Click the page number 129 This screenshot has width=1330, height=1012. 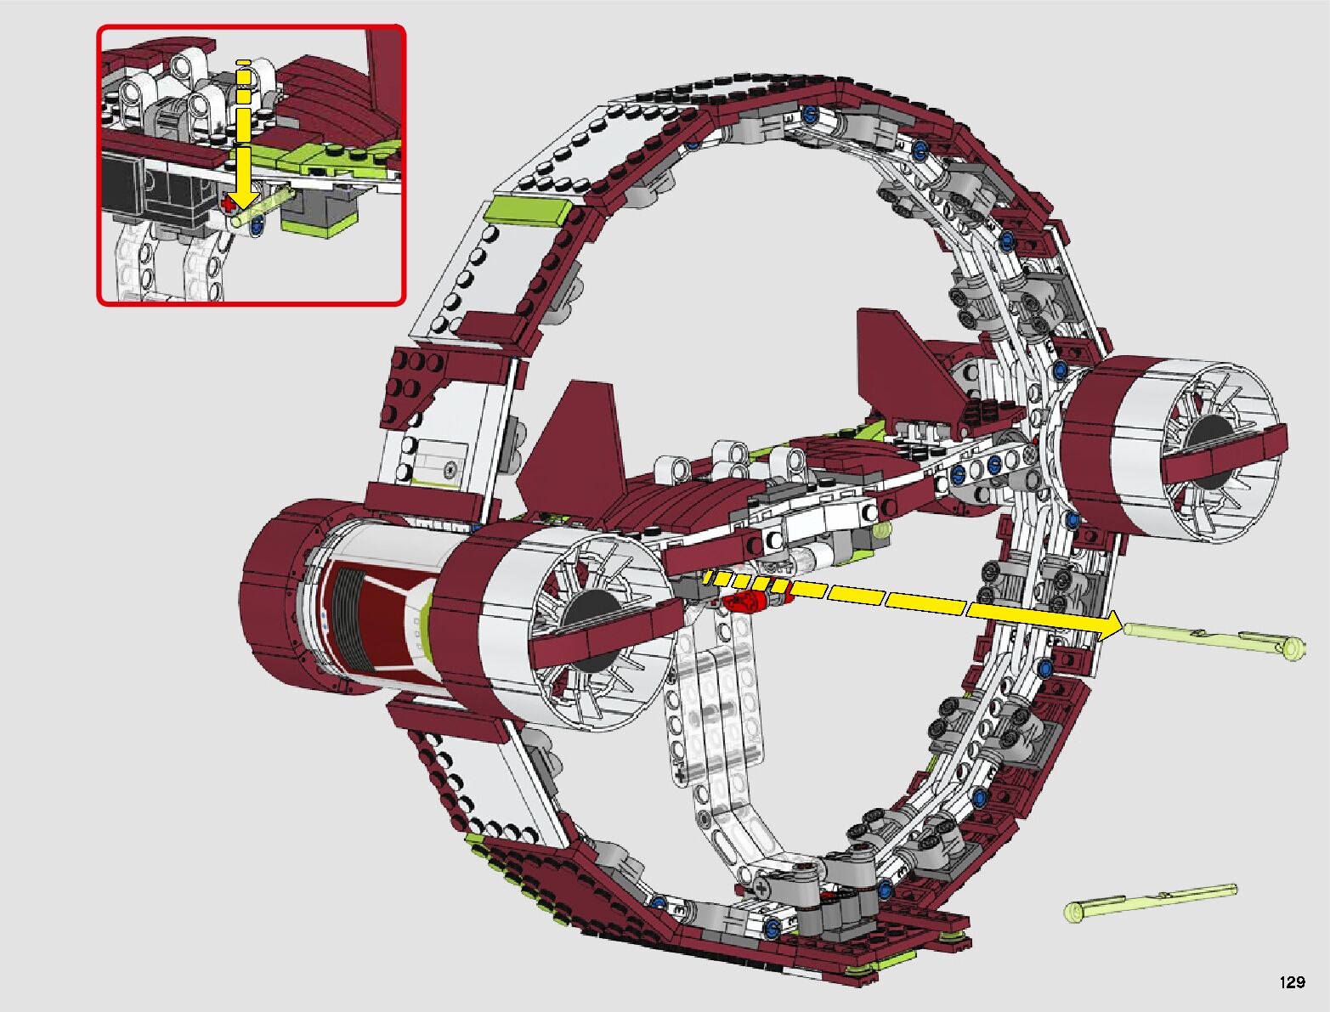[x=1292, y=982]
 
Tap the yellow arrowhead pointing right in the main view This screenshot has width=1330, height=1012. [x=1104, y=625]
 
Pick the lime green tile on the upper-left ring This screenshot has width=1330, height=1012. [x=529, y=212]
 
